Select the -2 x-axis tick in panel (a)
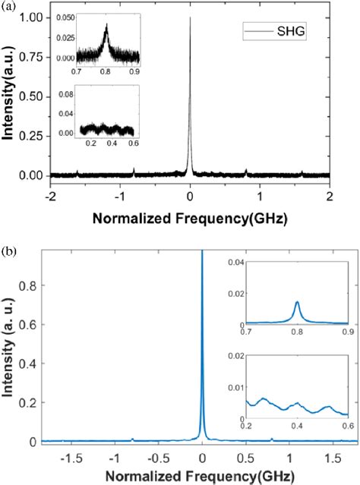pyautogui.click(x=49, y=194)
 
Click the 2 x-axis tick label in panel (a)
pyautogui.click(x=330, y=194)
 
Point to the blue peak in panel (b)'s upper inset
pyautogui.click(x=297, y=303)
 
